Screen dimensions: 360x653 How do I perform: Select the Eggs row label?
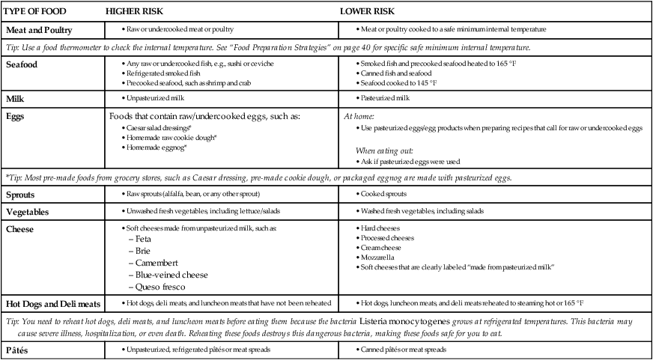tap(17, 118)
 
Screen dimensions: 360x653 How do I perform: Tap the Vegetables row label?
tap(32, 212)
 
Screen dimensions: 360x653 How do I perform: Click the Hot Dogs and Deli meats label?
tap(53, 304)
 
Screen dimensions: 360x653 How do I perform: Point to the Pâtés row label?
tap(20, 350)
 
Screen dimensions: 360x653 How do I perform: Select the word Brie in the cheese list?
tap(144, 250)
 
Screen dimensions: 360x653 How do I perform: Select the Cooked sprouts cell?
tap(383, 193)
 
